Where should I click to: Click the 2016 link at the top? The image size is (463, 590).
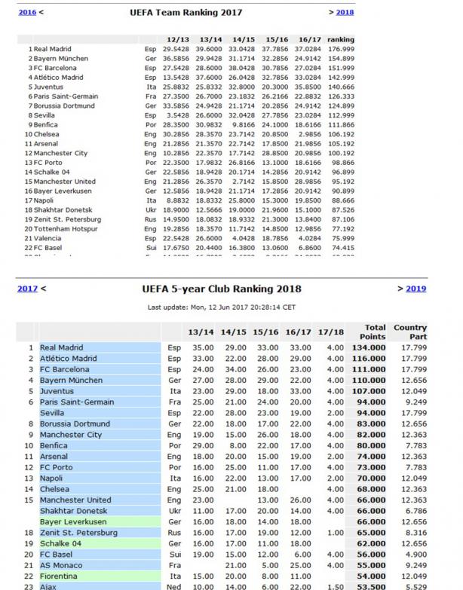click(x=26, y=13)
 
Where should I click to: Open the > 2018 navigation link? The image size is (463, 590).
click(x=345, y=13)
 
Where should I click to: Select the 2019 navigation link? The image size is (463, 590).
click(x=415, y=289)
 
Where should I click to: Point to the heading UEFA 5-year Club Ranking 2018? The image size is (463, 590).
click(x=221, y=289)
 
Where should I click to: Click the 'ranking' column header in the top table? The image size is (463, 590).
click(x=342, y=39)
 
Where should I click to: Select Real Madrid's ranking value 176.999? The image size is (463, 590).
click(x=342, y=49)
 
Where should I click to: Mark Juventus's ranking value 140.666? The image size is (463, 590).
click(x=342, y=87)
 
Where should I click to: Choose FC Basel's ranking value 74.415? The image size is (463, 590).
click(x=342, y=248)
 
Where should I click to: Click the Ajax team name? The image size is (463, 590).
click(x=49, y=585)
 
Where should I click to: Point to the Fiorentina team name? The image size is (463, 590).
click(x=60, y=575)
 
